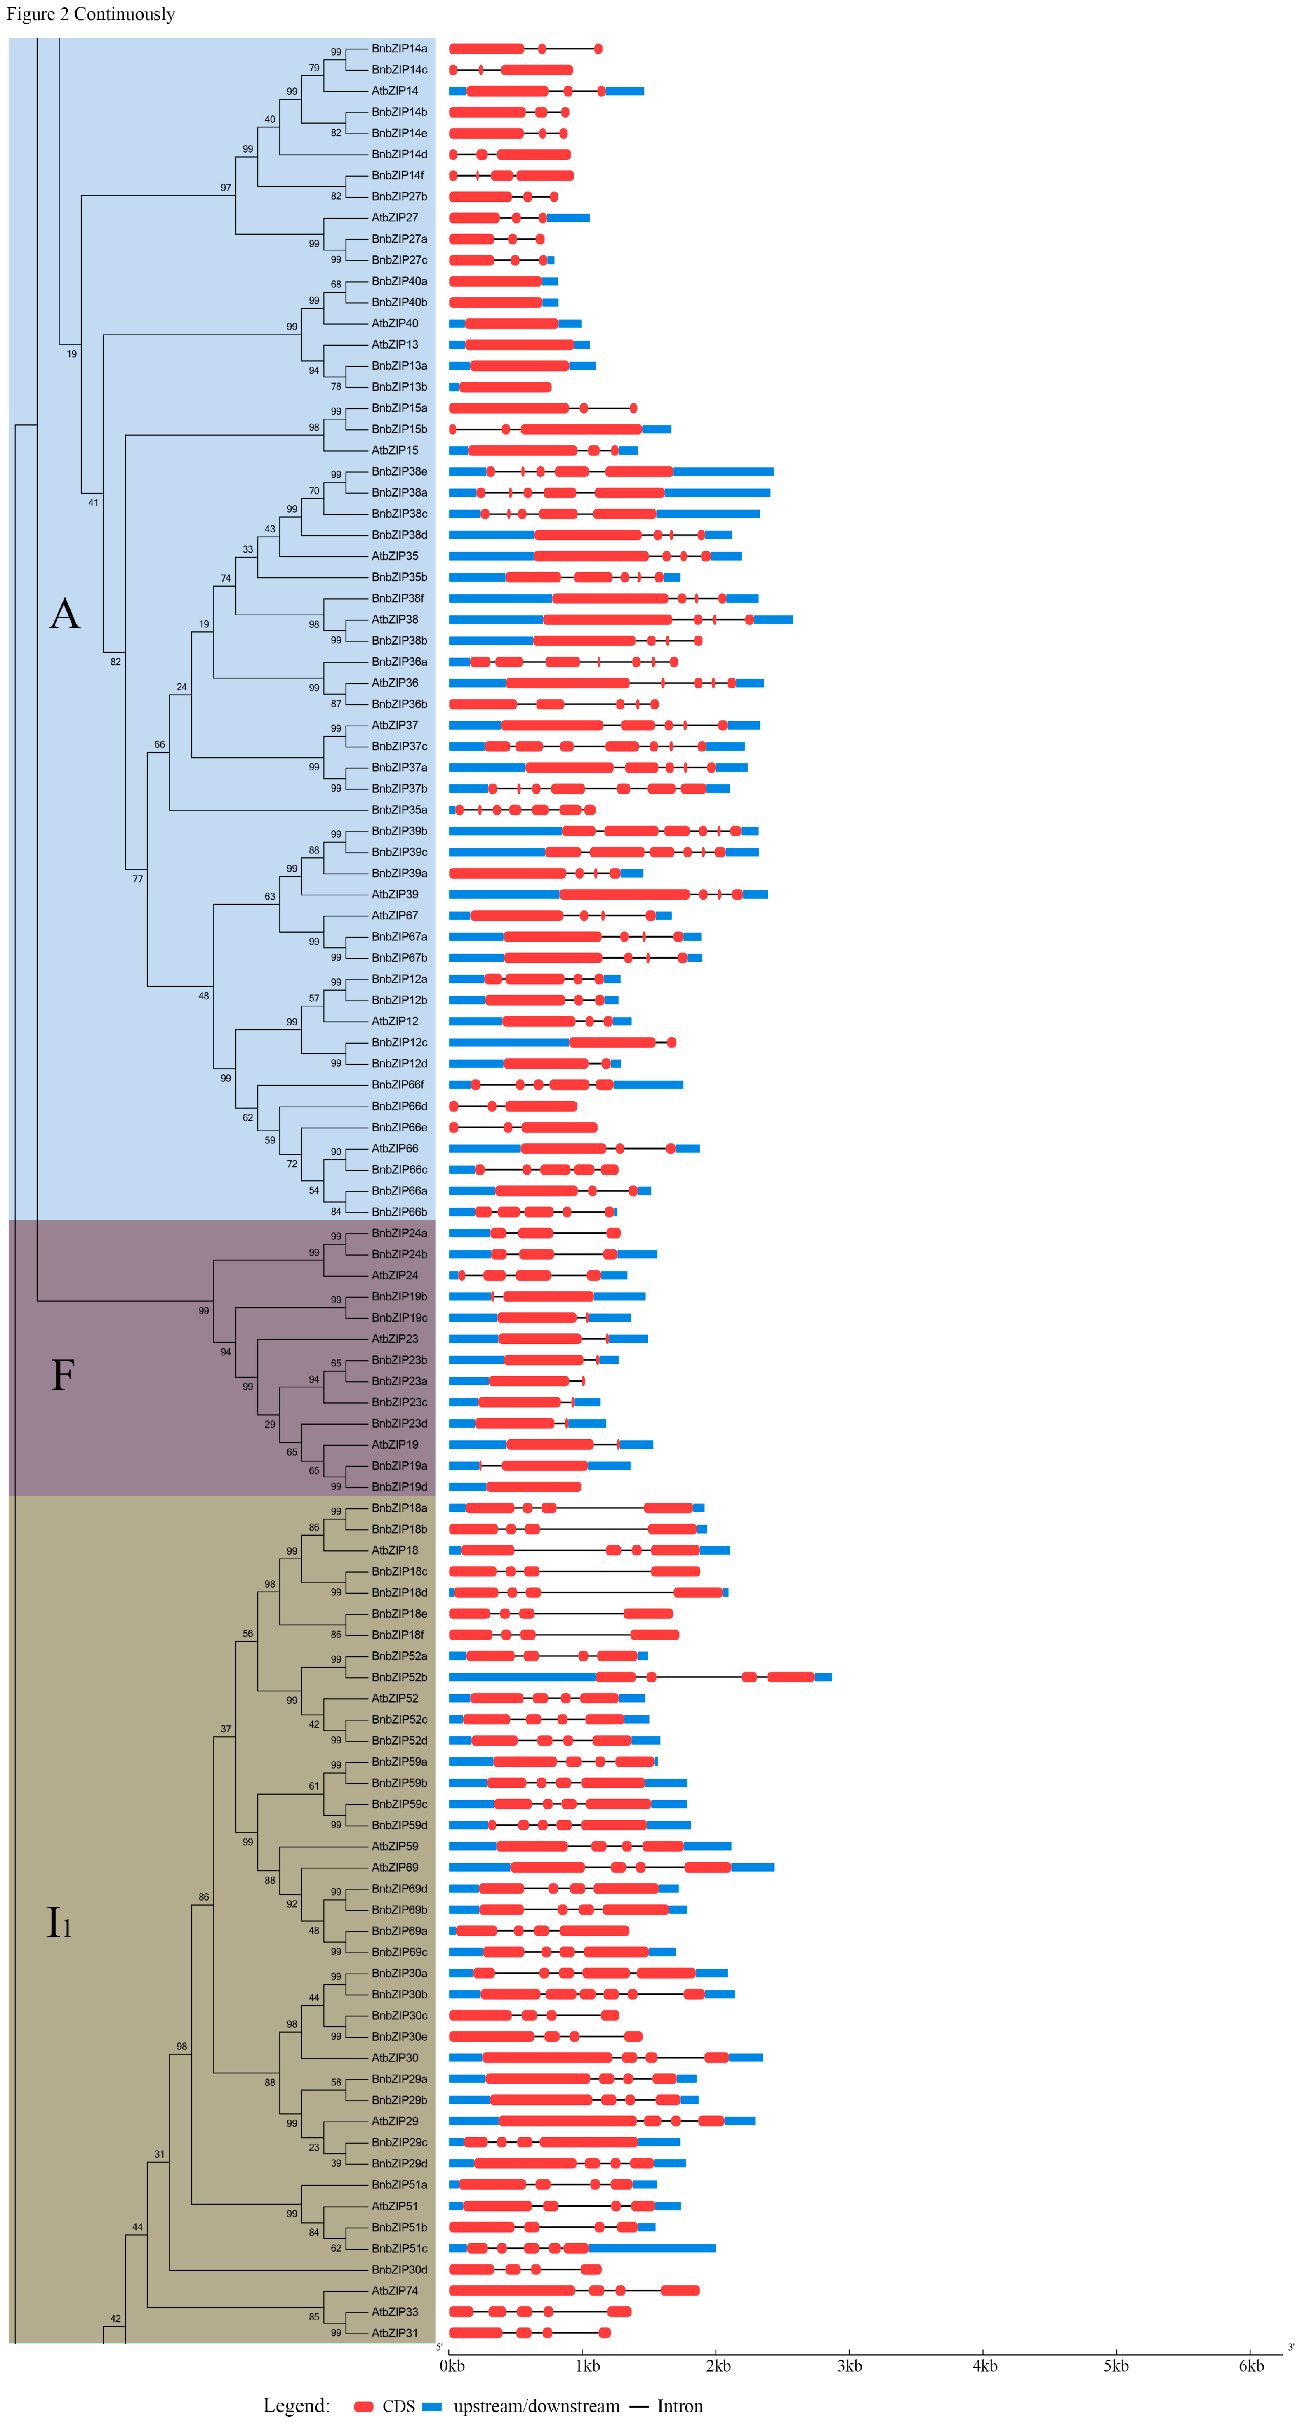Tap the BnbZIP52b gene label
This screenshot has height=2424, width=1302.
(x=399, y=1677)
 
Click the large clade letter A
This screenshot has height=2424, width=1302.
(x=65, y=615)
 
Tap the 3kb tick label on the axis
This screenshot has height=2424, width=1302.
(x=850, y=2366)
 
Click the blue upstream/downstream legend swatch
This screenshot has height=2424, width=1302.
(x=432, y=2406)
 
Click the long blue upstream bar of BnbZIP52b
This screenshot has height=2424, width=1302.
(x=522, y=1677)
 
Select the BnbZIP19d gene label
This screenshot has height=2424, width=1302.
(x=399, y=1487)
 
